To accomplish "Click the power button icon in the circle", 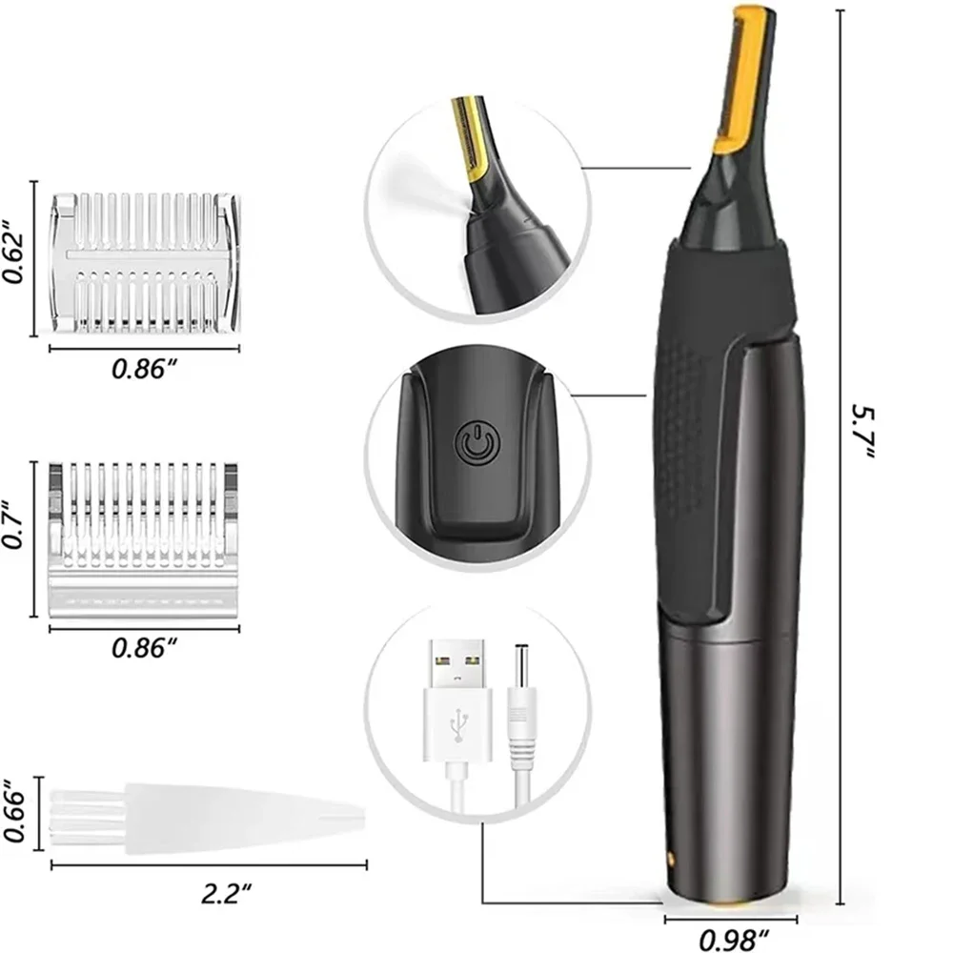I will (474, 444).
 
